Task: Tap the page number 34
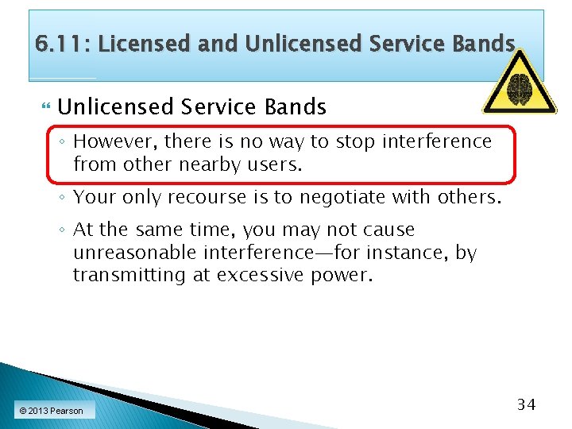pos(527,404)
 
